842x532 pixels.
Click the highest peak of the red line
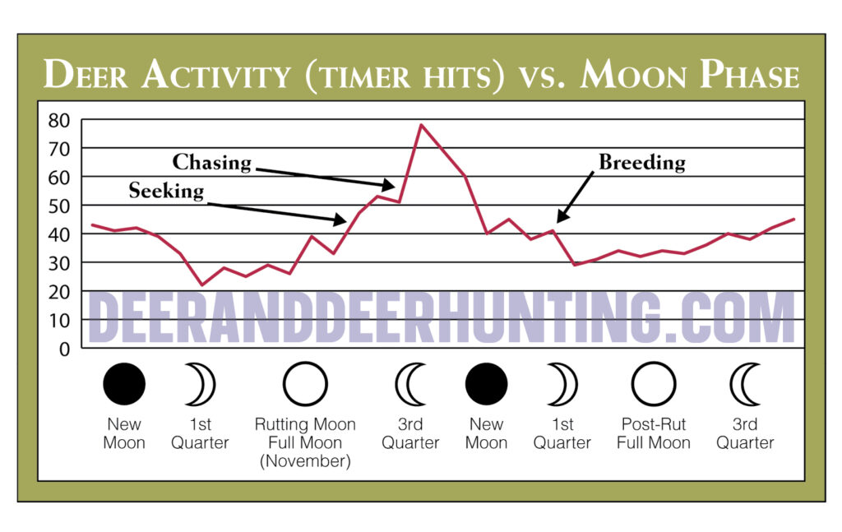coord(421,125)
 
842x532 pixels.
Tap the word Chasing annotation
coord(211,162)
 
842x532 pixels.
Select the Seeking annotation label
coord(165,191)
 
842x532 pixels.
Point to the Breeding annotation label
coord(641,162)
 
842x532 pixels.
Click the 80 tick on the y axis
coord(59,120)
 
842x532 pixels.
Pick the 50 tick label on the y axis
coord(59,206)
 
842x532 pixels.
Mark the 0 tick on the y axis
coord(64,348)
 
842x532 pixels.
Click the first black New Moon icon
coord(124,384)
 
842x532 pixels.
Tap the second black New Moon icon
coord(486,384)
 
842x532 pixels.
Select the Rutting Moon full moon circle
coord(305,384)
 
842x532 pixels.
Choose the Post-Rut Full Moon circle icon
coord(654,384)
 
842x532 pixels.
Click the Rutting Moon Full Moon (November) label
coord(305,442)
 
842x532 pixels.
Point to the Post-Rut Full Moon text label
coord(654,433)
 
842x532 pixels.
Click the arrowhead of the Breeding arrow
coord(559,220)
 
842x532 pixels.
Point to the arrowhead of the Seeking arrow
coord(344,220)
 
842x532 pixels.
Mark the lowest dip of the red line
coord(202,285)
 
